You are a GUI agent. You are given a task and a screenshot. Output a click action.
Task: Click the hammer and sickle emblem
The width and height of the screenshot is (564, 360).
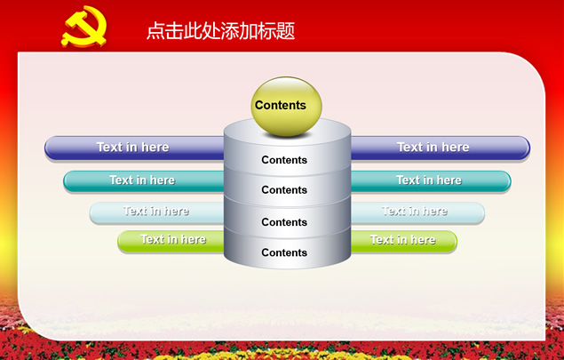(84, 26)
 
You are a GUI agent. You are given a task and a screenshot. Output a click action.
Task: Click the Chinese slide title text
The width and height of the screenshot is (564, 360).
(220, 30)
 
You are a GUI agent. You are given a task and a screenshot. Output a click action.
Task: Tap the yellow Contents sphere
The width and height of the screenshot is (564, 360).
(286, 106)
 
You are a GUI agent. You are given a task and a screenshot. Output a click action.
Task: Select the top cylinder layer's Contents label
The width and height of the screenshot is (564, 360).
(284, 160)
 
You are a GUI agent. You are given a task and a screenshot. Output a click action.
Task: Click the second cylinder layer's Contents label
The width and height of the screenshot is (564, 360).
(284, 189)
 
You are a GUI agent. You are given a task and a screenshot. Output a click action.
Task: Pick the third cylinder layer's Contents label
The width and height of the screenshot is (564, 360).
(284, 222)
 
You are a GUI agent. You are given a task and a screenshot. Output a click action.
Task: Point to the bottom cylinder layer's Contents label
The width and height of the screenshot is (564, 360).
(284, 252)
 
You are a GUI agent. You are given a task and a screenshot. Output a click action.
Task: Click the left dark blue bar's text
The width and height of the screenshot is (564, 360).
(132, 147)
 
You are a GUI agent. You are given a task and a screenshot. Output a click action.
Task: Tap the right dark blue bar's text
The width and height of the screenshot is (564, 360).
(433, 147)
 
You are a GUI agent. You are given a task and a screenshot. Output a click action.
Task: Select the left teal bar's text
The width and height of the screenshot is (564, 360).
(142, 180)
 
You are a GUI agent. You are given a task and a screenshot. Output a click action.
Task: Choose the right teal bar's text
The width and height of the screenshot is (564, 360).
(429, 180)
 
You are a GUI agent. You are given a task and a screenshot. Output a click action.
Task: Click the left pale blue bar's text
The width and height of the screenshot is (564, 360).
(155, 211)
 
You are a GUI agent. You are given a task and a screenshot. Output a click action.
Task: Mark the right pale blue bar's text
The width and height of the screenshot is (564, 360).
(415, 211)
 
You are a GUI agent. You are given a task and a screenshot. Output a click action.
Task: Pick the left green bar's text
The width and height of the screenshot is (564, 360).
(173, 239)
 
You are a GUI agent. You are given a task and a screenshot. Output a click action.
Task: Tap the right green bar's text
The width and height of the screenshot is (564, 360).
(402, 240)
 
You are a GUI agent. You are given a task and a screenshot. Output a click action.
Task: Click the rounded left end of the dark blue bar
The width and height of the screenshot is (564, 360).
(51, 148)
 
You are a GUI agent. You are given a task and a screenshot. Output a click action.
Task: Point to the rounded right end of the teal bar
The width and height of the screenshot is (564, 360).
(505, 181)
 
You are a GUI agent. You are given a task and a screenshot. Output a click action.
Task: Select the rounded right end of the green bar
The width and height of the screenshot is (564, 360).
(452, 241)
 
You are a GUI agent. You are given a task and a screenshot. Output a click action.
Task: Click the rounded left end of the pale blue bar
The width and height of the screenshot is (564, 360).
(95, 212)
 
